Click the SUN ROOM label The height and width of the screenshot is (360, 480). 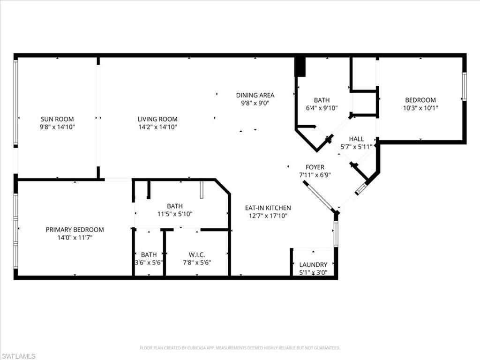pyautogui.click(x=57, y=119)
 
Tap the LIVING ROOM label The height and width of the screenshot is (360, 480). pyautogui.click(x=157, y=119)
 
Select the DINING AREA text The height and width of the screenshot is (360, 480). pyautogui.click(x=255, y=95)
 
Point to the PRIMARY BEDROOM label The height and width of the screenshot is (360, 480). pyautogui.click(x=75, y=230)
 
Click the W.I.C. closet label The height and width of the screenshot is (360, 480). pyautogui.click(x=196, y=255)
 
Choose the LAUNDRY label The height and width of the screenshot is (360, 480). pyautogui.click(x=313, y=265)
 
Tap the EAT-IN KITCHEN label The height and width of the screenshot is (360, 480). pyautogui.click(x=268, y=208)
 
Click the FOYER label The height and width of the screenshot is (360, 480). pyautogui.click(x=315, y=167)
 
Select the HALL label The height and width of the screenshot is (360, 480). pyautogui.click(x=356, y=139)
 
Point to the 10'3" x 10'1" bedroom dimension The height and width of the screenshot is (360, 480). pyautogui.click(x=420, y=108)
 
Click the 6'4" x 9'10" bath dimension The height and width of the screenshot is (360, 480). pyautogui.click(x=322, y=108)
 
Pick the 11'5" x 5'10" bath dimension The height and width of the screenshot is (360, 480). pyautogui.click(x=174, y=214)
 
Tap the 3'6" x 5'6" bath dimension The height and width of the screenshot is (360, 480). pyautogui.click(x=149, y=262)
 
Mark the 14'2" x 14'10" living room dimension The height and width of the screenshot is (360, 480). pyautogui.click(x=157, y=127)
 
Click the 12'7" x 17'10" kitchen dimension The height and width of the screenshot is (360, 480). pyautogui.click(x=268, y=216)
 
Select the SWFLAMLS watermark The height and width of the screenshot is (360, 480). pyautogui.click(x=19, y=356)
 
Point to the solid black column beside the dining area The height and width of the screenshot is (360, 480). pyautogui.click(x=300, y=67)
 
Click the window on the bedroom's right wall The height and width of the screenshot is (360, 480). pyautogui.click(x=464, y=86)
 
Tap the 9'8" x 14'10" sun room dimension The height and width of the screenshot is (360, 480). pyautogui.click(x=57, y=127)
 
